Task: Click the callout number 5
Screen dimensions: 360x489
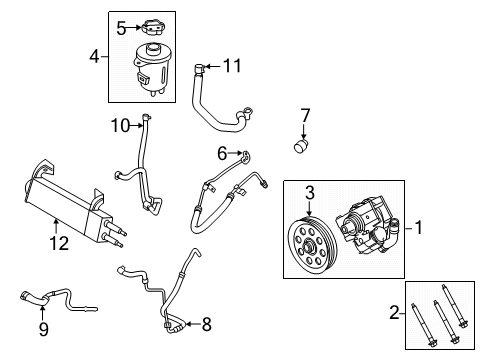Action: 121,28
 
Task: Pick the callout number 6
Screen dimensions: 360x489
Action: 222,153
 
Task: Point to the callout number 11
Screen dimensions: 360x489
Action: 233,66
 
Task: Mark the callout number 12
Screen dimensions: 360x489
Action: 54,241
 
